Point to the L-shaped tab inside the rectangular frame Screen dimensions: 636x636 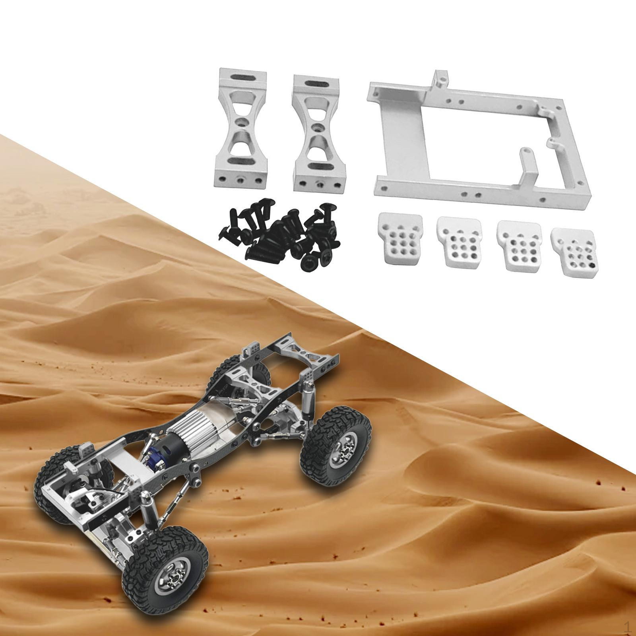529,167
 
